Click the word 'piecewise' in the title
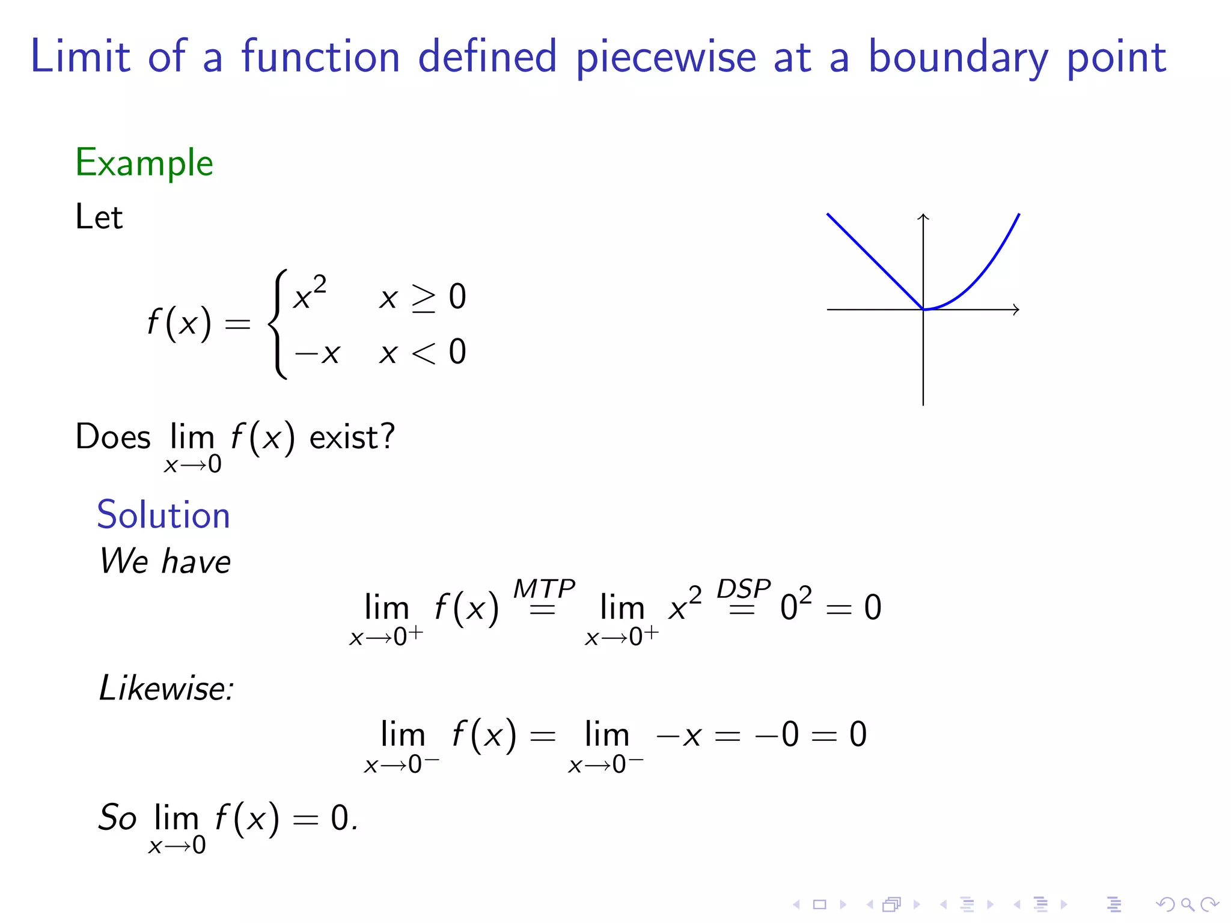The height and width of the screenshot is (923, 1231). click(x=665, y=58)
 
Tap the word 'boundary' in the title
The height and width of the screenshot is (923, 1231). click(x=958, y=58)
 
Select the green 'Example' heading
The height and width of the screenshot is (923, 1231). click(x=144, y=163)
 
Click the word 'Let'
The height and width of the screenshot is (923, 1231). click(x=99, y=217)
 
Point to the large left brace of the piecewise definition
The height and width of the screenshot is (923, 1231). click(x=278, y=324)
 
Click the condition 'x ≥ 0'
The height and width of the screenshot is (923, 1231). click(x=423, y=297)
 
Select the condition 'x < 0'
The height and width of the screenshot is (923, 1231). click(x=423, y=352)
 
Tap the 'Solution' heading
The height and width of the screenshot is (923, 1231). click(x=163, y=515)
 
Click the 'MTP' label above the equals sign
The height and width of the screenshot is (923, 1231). click(x=543, y=589)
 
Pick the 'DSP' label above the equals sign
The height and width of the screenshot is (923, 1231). click(x=743, y=589)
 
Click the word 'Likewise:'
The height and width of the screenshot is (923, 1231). click(x=166, y=688)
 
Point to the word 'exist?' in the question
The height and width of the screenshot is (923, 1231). click(x=352, y=437)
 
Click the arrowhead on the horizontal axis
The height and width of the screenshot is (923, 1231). click(x=1016, y=309)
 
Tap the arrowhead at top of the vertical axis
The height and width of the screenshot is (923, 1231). click(x=923, y=217)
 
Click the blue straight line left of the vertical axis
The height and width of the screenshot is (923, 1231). click(x=875, y=261)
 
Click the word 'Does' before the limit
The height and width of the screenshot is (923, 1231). click(x=113, y=437)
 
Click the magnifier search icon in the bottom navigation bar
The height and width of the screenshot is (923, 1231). click(x=1187, y=904)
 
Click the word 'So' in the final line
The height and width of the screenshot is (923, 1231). click(x=118, y=818)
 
